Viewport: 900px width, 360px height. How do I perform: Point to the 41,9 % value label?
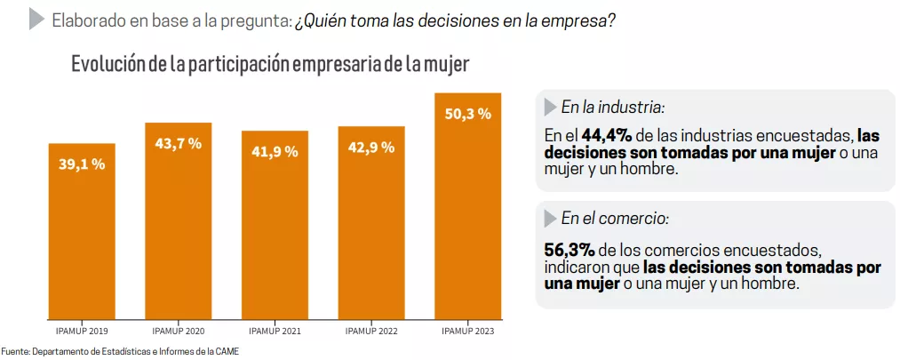(275, 152)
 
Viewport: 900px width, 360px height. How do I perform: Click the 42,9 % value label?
(370, 148)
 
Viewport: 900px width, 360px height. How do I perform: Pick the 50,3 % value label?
(467, 114)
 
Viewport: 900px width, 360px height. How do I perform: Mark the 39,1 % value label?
(82, 164)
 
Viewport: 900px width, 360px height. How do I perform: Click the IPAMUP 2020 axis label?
(178, 332)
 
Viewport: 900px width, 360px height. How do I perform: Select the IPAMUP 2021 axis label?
(275, 332)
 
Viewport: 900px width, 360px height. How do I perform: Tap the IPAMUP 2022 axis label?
(370, 332)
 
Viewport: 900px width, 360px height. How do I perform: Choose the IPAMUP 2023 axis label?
(467, 332)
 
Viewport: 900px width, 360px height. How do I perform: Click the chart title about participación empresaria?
(270, 65)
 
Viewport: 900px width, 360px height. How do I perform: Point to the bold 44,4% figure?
(607, 136)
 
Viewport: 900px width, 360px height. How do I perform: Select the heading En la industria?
(612, 108)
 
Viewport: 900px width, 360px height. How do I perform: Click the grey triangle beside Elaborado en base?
(36, 19)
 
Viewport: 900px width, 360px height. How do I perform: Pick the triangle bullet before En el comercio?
(549, 218)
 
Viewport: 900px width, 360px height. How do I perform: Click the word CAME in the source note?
(227, 352)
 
